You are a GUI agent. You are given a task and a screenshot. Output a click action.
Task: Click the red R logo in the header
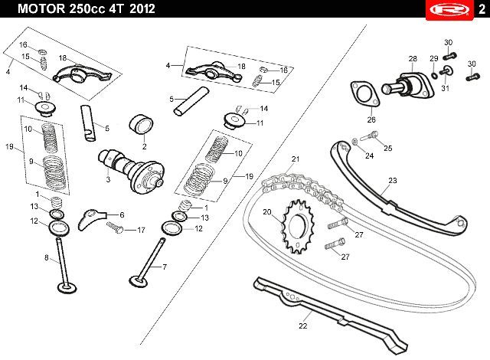[x=449, y=10]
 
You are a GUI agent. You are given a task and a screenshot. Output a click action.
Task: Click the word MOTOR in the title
[x=41, y=8]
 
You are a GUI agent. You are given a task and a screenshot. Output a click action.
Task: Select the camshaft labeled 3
[x=131, y=169]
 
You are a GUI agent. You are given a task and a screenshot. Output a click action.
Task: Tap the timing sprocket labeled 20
[x=298, y=226]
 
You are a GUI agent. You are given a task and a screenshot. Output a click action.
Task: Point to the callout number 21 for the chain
[x=296, y=159]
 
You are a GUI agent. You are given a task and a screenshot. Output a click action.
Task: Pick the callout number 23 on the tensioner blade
[x=393, y=181]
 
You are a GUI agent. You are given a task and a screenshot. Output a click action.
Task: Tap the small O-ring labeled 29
[x=434, y=75]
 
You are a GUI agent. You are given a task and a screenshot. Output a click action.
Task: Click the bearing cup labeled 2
[x=141, y=125]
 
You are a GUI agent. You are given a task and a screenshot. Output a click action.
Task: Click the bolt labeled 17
[x=115, y=227]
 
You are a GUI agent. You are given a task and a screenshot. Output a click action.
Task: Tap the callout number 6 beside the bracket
[x=122, y=215]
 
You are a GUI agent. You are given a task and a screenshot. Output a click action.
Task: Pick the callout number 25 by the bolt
[x=388, y=148]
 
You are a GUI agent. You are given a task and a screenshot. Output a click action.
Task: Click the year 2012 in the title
[x=142, y=8]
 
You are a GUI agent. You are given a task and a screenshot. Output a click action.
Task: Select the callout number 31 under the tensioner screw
[x=445, y=88]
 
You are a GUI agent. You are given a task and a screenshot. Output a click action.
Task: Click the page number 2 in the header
[x=482, y=9]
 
